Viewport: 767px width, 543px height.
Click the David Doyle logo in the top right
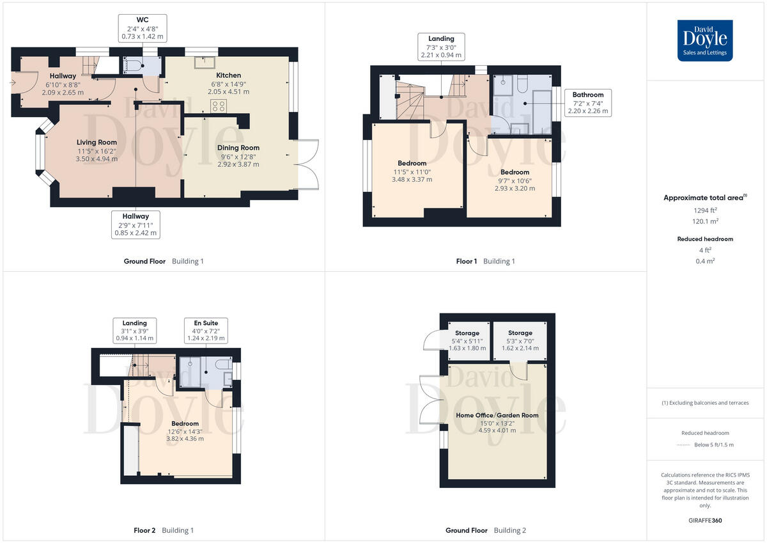pos(705,40)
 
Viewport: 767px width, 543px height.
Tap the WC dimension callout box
pos(143,29)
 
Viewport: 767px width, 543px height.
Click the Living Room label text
pos(97,150)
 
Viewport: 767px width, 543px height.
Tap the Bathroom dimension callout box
pos(588,103)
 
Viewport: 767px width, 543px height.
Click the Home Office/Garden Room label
pos(497,423)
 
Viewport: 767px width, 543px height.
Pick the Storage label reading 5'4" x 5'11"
pos(467,340)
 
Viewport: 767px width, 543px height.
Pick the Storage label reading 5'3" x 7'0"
pos(520,340)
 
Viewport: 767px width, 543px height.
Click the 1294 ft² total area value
pos(705,210)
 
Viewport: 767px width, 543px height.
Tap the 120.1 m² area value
pos(705,221)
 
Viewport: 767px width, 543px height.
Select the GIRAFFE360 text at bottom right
pos(705,521)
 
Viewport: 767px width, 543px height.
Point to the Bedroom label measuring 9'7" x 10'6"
pos(515,180)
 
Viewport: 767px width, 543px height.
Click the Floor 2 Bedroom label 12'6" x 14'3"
pos(185,431)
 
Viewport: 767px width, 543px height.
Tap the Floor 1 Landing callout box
pos(441,47)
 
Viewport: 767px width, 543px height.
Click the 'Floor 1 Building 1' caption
pos(485,261)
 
